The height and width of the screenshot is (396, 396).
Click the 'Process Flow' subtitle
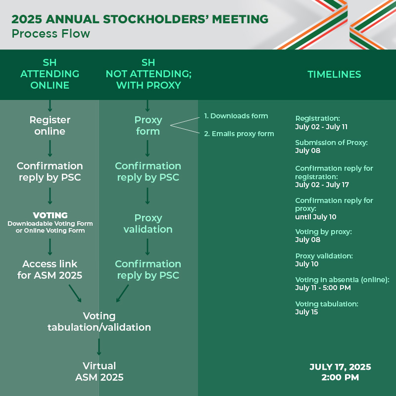(x=51, y=34)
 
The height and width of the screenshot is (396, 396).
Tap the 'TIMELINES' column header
(x=334, y=74)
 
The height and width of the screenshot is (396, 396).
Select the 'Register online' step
(x=50, y=126)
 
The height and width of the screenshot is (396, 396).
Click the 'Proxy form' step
(x=148, y=126)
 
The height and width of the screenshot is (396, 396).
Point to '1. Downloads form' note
(x=236, y=116)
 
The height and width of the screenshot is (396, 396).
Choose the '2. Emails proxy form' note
(x=239, y=134)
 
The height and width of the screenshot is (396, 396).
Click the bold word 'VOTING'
(x=50, y=215)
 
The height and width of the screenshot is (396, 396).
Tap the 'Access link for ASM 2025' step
(x=50, y=269)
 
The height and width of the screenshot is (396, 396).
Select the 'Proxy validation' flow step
(x=148, y=224)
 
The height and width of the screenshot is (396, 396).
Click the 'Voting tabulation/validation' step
(x=99, y=321)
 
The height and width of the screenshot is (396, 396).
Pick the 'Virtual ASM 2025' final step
(x=99, y=372)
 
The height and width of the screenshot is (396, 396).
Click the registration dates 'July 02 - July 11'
(x=321, y=127)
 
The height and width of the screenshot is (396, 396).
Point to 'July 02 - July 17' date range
(x=322, y=185)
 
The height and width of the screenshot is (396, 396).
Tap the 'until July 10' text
(x=316, y=217)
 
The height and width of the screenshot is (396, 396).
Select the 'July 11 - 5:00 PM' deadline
(x=323, y=288)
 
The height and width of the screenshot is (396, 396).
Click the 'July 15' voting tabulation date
(x=306, y=312)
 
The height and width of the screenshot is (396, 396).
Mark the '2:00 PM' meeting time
(x=340, y=377)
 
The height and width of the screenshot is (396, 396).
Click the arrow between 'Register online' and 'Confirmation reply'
(x=50, y=148)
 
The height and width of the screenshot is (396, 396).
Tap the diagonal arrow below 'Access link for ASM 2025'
(x=75, y=293)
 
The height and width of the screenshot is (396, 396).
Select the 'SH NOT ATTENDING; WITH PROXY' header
(x=148, y=74)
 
